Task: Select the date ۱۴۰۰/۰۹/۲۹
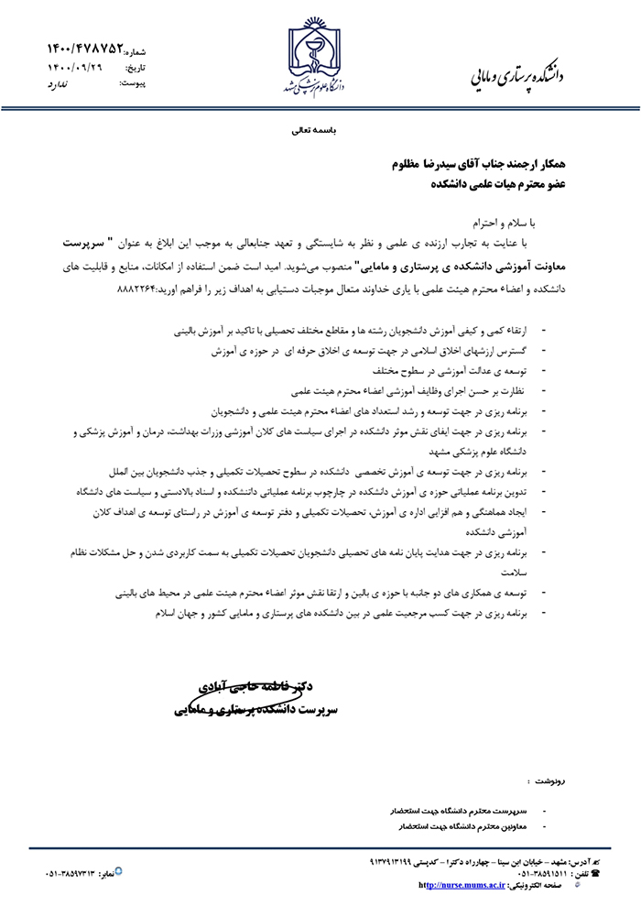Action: click(75, 67)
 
